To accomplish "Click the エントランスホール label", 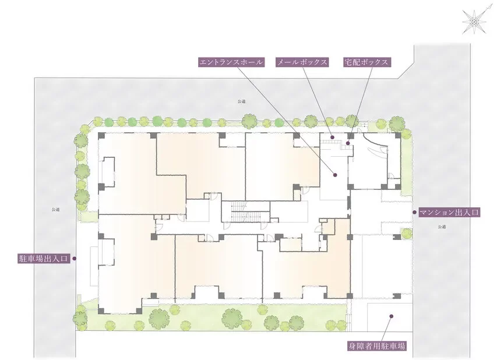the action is tap(231, 62).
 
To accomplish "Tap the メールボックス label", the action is tap(302, 62).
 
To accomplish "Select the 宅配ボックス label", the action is tap(366, 62).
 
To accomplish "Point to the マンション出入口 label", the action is tap(449, 213).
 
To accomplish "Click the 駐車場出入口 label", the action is tap(44, 259).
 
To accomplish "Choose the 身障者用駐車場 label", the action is tap(376, 346).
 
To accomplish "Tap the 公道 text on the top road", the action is tap(242, 101).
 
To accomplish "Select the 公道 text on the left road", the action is tap(55, 210).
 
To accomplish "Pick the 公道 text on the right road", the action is tap(442, 227).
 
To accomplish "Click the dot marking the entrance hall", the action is tap(335, 175).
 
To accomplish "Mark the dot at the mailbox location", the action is tap(333, 137).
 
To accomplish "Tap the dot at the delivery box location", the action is tap(348, 143).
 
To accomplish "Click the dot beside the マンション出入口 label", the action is tap(415, 213).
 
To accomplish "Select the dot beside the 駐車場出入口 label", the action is tap(74, 259).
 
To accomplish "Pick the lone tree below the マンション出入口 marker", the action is tap(407, 233).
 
